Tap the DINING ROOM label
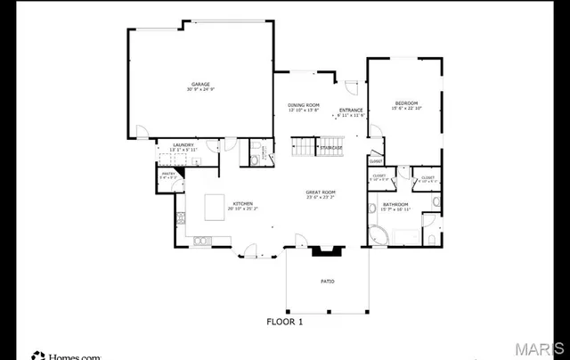pyautogui.click(x=303, y=104)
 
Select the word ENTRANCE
pyautogui.click(x=350, y=110)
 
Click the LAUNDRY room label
pyautogui.click(x=183, y=143)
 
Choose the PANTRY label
pyautogui.click(x=167, y=174)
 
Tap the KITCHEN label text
pyautogui.click(x=243, y=204)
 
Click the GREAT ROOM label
pyautogui.click(x=321, y=192)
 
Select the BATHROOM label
pyautogui.click(x=395, y=204)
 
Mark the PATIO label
pyautogui.click(x=328, y=282)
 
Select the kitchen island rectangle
pyautogui.click(x=215, y=208)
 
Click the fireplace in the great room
pyautogui.click(x=322, y=249)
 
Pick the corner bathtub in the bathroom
pyautogui.click(x=379, y=236)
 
